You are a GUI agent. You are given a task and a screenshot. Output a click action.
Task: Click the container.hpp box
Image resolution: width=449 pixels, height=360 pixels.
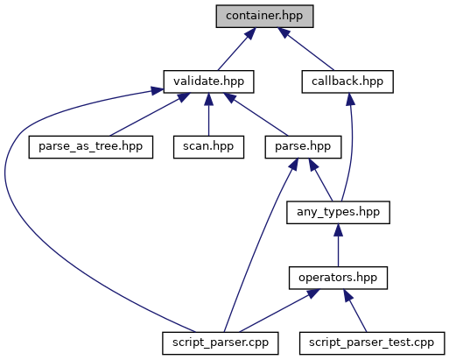point(264,16)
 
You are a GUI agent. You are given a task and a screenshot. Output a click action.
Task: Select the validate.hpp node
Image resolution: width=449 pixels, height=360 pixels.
point(208,81)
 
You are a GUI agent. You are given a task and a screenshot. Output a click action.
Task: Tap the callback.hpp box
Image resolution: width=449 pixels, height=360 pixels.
point(347,81)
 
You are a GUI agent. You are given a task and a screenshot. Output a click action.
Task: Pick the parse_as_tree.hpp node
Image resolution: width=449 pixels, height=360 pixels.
point(91,147)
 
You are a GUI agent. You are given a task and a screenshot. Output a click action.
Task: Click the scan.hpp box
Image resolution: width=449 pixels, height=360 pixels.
point(208,147)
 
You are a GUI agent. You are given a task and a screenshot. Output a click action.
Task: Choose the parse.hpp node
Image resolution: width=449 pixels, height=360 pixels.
point(303,147)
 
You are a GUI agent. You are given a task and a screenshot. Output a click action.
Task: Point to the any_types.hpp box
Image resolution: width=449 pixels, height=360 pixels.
point(338,213)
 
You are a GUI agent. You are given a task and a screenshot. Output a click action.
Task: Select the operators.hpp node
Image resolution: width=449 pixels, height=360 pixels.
point(338,278)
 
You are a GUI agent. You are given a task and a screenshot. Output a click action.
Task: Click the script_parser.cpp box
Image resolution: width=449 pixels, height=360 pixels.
point(221,343)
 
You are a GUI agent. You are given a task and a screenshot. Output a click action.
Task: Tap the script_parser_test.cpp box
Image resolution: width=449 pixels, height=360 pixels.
point(372,343)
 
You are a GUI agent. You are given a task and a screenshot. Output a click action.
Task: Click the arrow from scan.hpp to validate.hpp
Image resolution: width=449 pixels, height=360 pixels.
point(208,115)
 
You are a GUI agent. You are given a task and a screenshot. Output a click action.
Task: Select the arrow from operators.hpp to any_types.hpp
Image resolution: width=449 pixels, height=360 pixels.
point(338,245)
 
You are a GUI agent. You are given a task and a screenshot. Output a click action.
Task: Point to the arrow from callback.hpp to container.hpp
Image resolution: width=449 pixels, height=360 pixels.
point(305,49)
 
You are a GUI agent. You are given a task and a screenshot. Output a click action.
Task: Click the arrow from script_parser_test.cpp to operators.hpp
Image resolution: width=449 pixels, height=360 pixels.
point(355,311)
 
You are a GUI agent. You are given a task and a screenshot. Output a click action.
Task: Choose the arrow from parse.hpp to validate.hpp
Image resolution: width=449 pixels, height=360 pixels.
point(256,115)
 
